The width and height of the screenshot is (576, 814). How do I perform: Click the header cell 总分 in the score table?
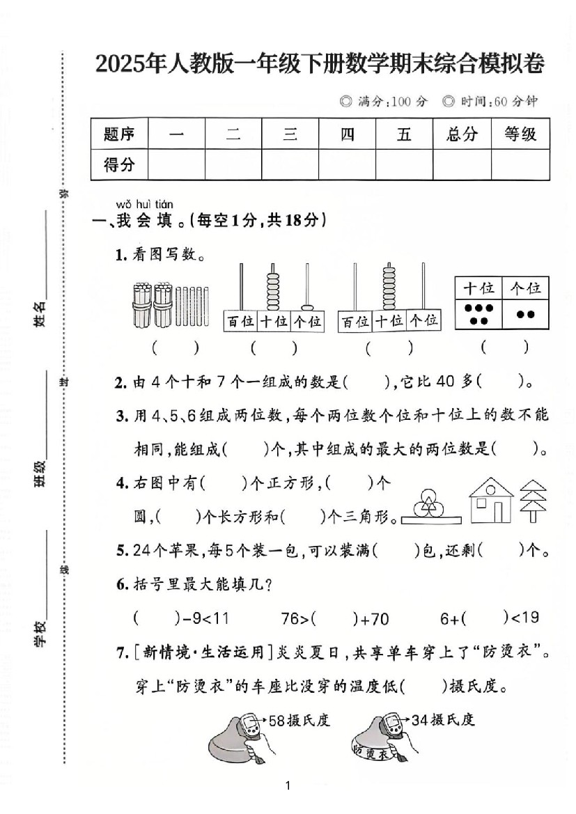point(462,134)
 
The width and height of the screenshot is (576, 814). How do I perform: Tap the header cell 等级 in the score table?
point(520,134)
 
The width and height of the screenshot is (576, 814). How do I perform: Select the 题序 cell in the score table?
point(119,134)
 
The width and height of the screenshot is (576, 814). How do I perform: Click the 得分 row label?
point(119,165)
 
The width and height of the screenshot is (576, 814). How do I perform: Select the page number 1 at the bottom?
point(288,786)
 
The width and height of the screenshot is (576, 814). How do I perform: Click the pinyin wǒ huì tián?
point(144,204)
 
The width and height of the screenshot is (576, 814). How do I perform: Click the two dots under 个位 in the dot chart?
point(525,314)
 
